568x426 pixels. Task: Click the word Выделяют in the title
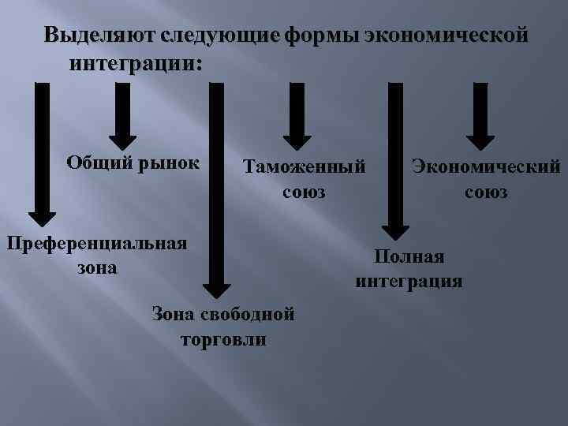pos(99,36)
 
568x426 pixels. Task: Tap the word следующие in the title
pos(219,36)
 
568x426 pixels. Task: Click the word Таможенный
pos(305,167)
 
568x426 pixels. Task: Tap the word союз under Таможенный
pos(304,192)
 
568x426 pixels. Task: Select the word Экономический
pos(485,166)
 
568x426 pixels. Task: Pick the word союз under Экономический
pos(486,192)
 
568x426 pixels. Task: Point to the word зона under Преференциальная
pos(97,267)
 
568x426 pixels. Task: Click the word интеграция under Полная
pos(409,281)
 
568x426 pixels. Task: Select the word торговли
pos(223,340)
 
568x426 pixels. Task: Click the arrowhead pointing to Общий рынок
pos(122,140)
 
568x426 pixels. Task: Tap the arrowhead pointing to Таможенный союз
pos(297,140)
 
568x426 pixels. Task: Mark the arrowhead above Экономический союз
pos(480,140)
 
